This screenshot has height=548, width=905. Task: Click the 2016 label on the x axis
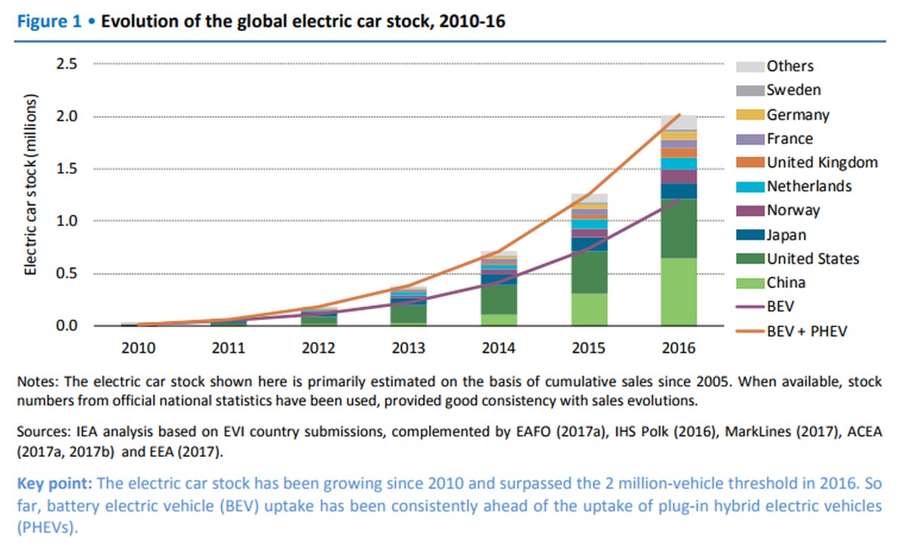pos(678,349)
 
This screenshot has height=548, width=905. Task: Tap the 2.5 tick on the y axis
pos(67,64)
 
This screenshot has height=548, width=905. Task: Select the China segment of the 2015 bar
pos(589,309)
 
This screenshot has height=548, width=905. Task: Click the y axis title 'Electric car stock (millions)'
pos(31,185)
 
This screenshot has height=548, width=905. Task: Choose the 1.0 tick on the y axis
pos(67,221)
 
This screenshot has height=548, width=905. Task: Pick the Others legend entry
pos(790,66)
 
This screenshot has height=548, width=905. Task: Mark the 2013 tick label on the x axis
pos(410,349)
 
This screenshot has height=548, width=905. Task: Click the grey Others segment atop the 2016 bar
pos(678,122)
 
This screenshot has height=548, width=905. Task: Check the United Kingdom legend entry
pos(822,162)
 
